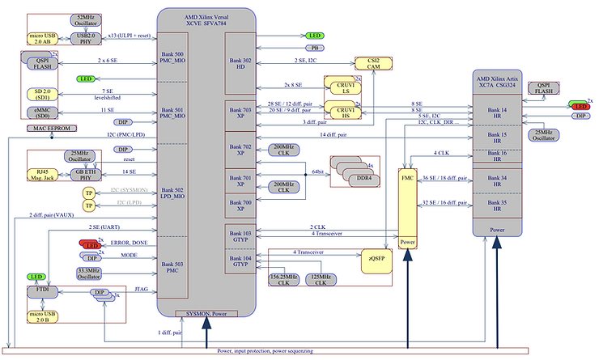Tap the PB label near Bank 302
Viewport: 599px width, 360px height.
pyautogui.click(x=313, y=49)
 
